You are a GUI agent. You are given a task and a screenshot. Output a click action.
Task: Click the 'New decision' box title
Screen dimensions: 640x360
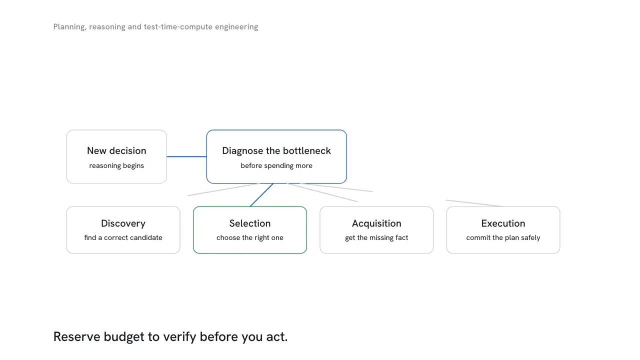click(116, 150)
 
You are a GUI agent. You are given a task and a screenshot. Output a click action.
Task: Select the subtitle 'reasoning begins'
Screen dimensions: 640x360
click(116, 165)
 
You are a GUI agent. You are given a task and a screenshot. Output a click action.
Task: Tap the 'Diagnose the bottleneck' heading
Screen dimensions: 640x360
click(276, 150)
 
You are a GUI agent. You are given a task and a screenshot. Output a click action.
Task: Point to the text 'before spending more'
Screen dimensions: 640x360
click(276, 165)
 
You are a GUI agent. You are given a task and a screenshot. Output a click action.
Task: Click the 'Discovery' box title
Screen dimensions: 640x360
click(123, 223)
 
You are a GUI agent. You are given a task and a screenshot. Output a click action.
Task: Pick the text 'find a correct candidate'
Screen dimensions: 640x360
click(123, 237)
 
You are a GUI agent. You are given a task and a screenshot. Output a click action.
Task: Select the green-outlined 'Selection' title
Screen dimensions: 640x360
click(250, 223)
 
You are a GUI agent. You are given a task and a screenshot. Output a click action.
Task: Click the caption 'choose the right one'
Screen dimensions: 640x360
click(250, 237)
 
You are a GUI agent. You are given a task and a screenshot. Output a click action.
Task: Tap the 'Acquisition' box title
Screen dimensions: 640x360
click(376, 223)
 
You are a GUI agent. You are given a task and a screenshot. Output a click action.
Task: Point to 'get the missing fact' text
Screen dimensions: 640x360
click(376, 237)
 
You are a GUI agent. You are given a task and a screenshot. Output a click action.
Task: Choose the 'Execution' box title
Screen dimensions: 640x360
click(503, 223)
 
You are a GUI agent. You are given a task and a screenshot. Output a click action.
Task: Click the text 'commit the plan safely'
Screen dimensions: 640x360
click(503, 237)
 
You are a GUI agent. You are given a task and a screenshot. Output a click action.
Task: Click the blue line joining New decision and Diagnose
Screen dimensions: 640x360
click(186, 156)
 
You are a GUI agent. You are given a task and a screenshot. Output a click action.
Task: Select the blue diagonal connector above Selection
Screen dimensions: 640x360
click(261, 195)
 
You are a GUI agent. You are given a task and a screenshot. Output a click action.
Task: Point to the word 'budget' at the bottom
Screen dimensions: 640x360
click(124, 337)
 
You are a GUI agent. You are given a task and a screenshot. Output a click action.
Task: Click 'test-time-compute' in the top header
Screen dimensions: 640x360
click(178, 27)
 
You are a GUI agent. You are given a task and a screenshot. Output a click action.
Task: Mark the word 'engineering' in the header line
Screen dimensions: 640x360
click(236, 27)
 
